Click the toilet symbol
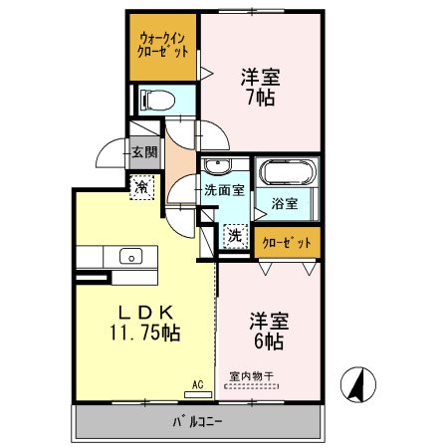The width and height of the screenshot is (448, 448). tap(157, 101)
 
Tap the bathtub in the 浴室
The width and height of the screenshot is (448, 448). tap(288, 172)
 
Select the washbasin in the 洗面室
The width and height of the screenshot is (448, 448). tap(217, 166)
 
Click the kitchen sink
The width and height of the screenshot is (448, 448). tap(130, 256)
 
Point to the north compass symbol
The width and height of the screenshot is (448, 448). tap(358, 384)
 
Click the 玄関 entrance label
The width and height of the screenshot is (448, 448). tap(144, 152)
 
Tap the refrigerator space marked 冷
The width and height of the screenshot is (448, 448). tap(141, 187)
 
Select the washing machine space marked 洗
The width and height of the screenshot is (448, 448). tap(235, 236)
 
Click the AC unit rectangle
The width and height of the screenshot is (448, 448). tap(198, 394)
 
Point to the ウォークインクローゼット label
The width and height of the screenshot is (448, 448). tap(162, 46)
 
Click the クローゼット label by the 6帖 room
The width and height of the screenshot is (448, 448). tap(287, 243)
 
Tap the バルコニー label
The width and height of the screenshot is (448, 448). tap(197, 421)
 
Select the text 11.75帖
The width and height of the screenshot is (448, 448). tap(145, 333)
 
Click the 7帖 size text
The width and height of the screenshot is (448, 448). tap(261, 97)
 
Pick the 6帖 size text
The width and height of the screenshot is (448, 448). tap(269, 341)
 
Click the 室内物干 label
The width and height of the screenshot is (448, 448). tap(251, 376)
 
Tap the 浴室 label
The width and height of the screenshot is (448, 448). tap(285, 203)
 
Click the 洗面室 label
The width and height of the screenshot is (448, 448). tap(224, 190)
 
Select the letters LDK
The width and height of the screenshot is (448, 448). tap(146, 312)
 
